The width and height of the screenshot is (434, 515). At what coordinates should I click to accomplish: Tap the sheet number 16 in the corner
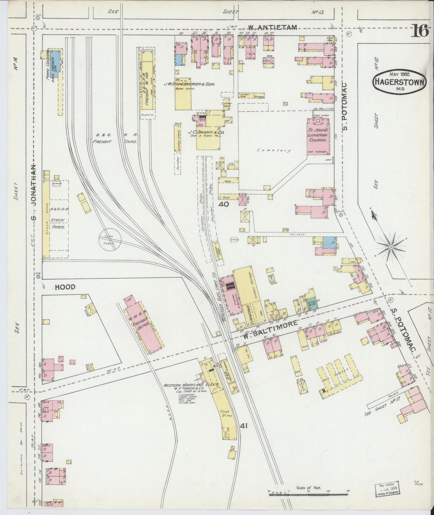click(x=420, y=31)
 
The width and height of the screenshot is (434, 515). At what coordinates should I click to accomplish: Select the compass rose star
click(x=391, y=247)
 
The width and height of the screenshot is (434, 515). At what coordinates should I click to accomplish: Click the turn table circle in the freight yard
click(x=110, y=240)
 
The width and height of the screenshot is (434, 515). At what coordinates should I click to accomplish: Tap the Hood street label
click(x=65, y=287)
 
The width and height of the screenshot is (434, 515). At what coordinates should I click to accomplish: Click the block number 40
click(x=224, y=205)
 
